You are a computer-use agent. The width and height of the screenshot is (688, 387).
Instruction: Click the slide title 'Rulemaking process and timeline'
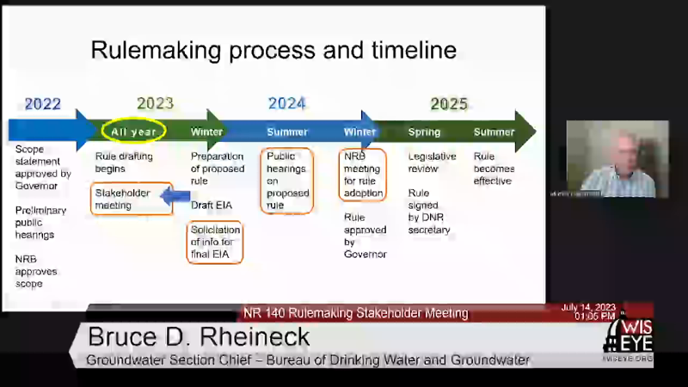tap(273, 50)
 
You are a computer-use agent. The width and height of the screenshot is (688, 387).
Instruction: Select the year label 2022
tap(42, 104)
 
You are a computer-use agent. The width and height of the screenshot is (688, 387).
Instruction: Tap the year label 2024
tap(286, 104)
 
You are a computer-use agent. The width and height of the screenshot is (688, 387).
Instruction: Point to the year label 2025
tap(449, 104)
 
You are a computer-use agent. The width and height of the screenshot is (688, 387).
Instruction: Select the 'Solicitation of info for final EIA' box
tap(215, 242)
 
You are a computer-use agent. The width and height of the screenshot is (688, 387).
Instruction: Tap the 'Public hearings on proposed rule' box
tap(286, 181)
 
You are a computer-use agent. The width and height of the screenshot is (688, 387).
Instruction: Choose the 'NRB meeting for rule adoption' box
tap(362, 175)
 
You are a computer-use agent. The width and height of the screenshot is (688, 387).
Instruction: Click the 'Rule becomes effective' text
tap(493, 169)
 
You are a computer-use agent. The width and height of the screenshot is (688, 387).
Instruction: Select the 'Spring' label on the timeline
tap(424, 132)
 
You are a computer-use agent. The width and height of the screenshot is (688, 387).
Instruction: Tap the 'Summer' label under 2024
tap(286, 132)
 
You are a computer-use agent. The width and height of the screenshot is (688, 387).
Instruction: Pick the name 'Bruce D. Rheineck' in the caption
tap(197, 336)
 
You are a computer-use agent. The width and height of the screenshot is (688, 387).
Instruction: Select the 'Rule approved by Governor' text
tap(365, 236)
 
